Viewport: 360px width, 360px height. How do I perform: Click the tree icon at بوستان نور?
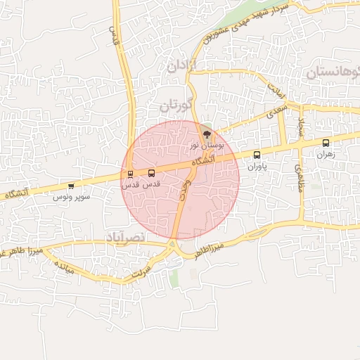[x=206, y=133]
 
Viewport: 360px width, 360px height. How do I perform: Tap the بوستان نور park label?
[x=206, y=144]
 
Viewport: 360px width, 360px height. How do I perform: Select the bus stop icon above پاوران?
[x=256, y=155]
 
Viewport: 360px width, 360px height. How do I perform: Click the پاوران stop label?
[x=257, y=167]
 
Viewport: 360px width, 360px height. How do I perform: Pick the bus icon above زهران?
[x=325, y=143]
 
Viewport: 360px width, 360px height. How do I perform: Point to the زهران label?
[x=325, y=154]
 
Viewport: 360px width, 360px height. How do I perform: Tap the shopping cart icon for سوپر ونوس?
[x=71, y=186]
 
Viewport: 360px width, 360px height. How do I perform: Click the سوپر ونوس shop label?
[x=71, y=197]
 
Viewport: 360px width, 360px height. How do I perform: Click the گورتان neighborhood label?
[x=175, y=107]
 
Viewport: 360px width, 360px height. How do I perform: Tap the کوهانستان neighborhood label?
[x=333, y=73]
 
